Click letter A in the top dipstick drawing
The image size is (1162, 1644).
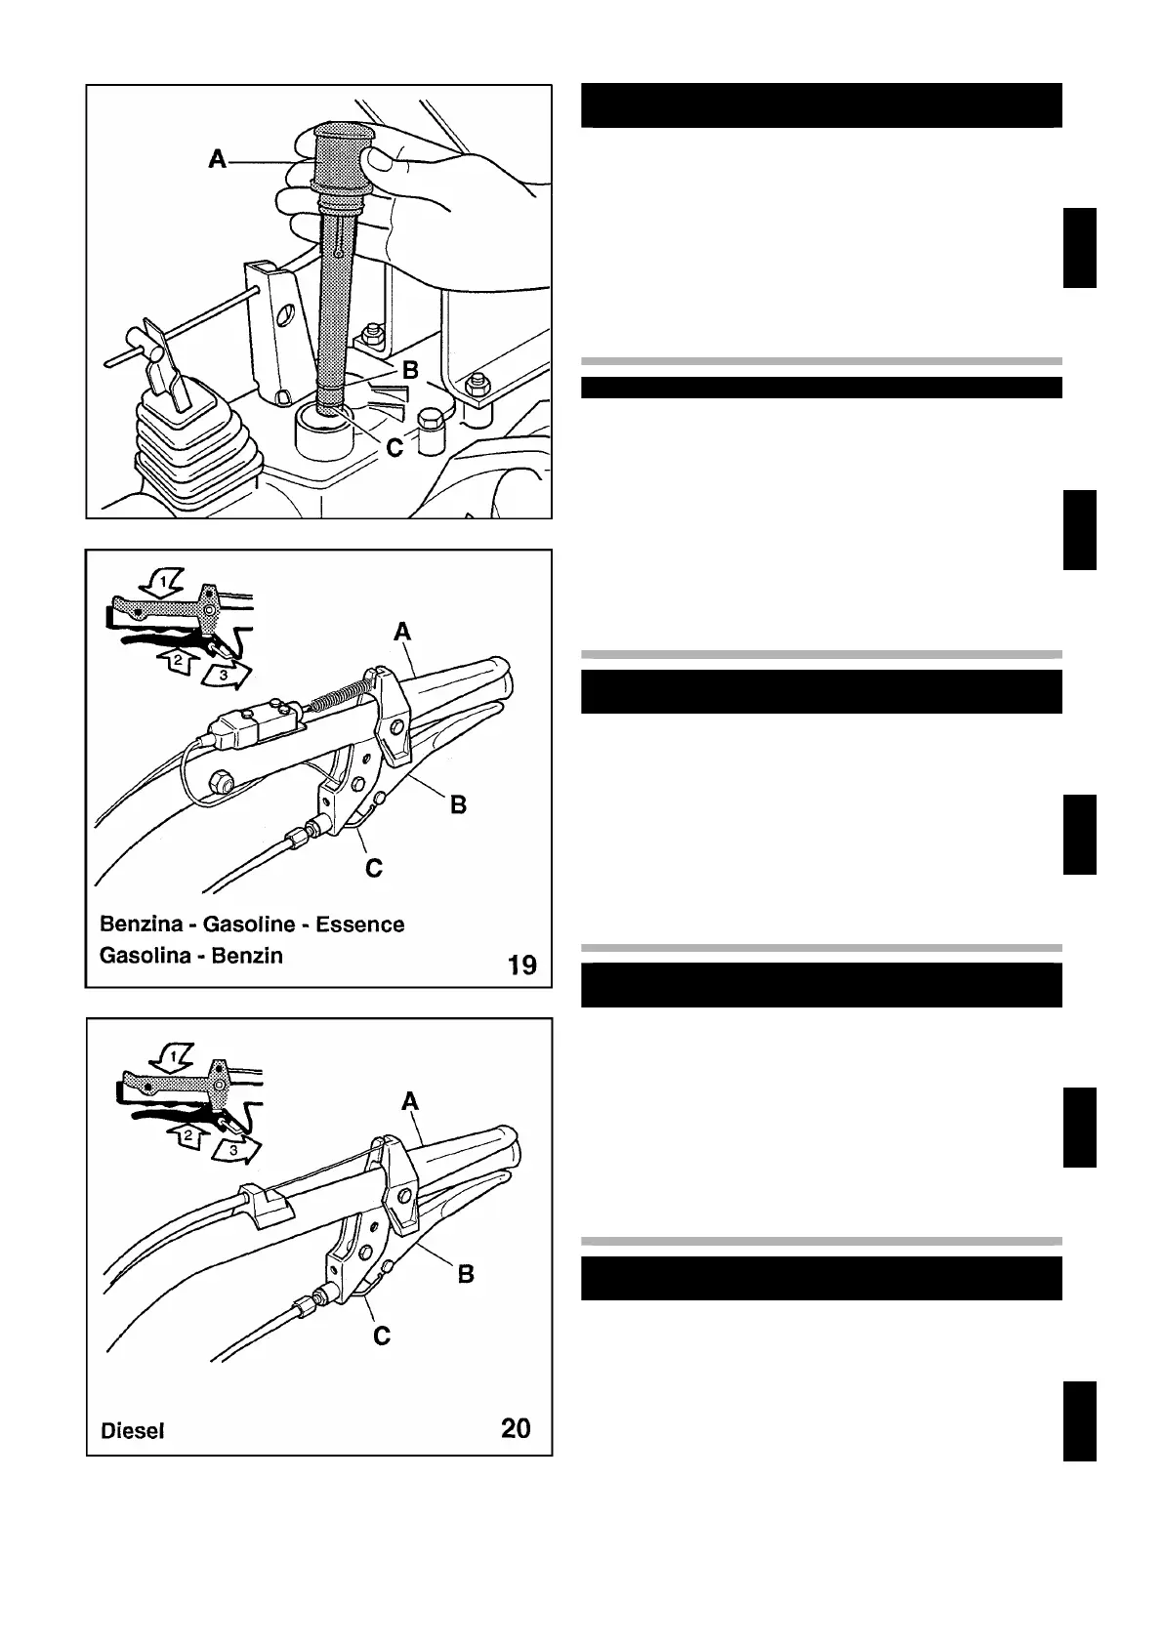[x=218, y=158]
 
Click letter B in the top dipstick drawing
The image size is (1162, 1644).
[x=410, y=370]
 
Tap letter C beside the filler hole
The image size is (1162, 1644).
[x=394, y=447]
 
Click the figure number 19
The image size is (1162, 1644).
[x=522, y=966]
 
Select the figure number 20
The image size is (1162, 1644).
[x=516, y=1428]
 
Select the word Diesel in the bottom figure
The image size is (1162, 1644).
[x=132, y=1431]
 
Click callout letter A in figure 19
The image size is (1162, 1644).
[x=402, y=633]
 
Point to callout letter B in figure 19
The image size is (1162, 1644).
[x=458, y=804]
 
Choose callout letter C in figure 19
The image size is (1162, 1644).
[x=374, y=867]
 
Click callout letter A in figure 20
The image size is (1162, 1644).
[x=410, y=1101]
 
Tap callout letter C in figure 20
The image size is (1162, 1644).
[x=382, y=1335]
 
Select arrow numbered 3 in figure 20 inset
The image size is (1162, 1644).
[x=237, y=1151]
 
